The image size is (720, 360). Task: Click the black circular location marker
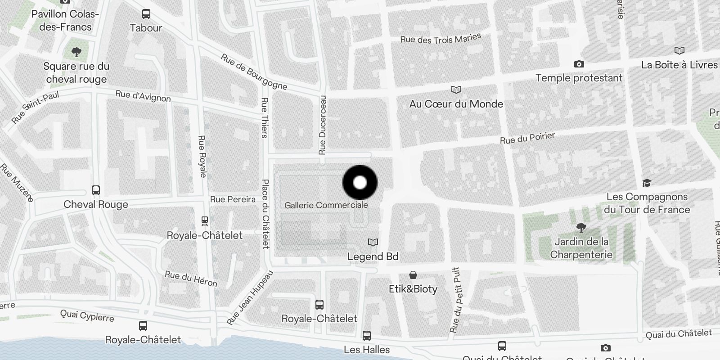click(360, 183)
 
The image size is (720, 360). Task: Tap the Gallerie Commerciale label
click(326, 205)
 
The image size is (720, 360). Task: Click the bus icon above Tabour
click(146, 14)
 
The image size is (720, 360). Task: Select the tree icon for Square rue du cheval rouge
click(76, 52)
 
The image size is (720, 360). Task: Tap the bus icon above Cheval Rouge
click(96, 190)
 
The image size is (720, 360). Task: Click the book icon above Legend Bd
click(373, 243)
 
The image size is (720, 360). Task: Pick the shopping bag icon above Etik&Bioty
click(413, 275)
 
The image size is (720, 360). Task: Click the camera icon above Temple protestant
click(579, 64)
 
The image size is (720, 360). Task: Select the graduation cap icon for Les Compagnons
click(647, 183)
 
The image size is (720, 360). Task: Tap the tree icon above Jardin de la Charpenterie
click(581, 228)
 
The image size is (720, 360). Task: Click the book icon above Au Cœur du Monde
click(456, 90)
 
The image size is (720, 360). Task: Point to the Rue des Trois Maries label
click(441, 39)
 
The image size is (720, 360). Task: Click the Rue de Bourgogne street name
click(254, 72)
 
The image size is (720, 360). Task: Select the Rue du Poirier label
click(527, 138)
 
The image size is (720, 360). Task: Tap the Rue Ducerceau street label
click(322, 125)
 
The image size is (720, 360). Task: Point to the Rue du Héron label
click(191, 279)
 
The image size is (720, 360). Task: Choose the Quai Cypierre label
click(87, 316)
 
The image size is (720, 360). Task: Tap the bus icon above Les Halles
click(367, 336)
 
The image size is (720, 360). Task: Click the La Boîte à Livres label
click(679, 65)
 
